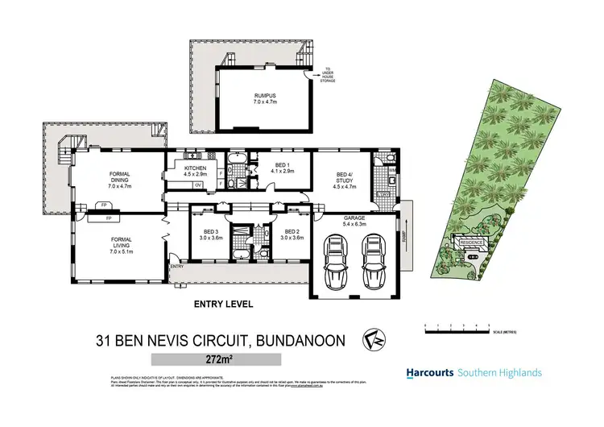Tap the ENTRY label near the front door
pos(177,266)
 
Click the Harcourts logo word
pos(428,373)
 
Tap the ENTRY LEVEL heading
pos(223,305)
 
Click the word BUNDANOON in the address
pos(300,341)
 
